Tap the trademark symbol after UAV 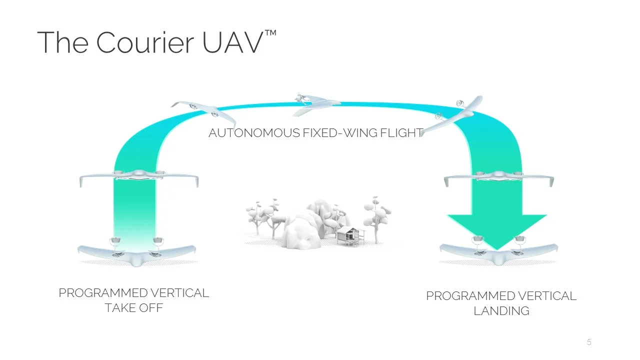coord(270,34)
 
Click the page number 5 coord(589,342)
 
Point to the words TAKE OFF coord(134,307)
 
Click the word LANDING coord(501,310)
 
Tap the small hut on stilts coord(348,234)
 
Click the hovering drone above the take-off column coord(138,176)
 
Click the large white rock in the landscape coord(302,229)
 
